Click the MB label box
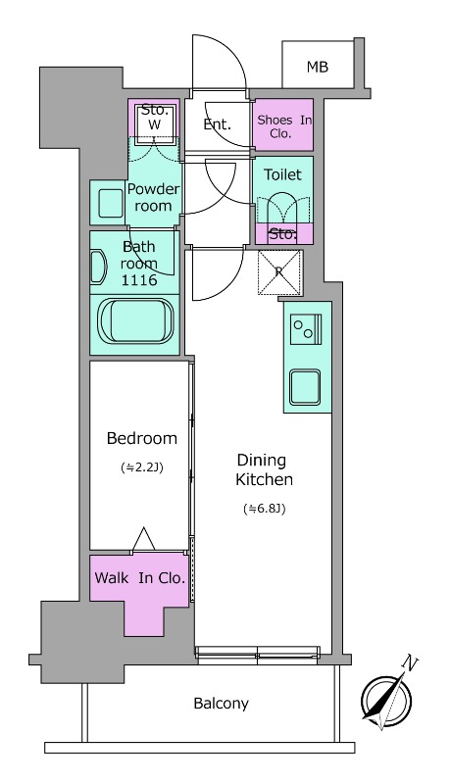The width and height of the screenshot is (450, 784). pyautogui.click(x=317, y=67)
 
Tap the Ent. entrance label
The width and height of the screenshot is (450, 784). pyautogui.click(x=217, y=124)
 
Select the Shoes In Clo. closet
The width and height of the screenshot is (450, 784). pyautogui.click(x=283, y=124)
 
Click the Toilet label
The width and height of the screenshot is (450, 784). pyautogui.click(x=283, y=174)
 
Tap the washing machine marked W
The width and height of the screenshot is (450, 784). pyautogui.click(x=155, y=124)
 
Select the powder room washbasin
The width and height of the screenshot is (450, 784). pyautogui.click(x=108, y=202)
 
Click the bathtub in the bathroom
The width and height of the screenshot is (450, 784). pyautogui.click(x=136, y=322)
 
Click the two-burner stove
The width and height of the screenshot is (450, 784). pyautogui.click(x=305, y=330)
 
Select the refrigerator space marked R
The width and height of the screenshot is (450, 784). pyautogui.click(x=280, y=272)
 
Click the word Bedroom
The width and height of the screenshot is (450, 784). pyautogui.click(x=142, y=438)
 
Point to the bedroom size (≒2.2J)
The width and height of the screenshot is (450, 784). pyautogui.click(x=142, y=467)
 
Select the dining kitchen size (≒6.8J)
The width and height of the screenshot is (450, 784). pyautogui.click(x=264, y=509)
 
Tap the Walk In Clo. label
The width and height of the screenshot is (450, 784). pyautogui.click(x=139, y=577)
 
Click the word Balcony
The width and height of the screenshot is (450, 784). pyautogui.click(x=221, y=703)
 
